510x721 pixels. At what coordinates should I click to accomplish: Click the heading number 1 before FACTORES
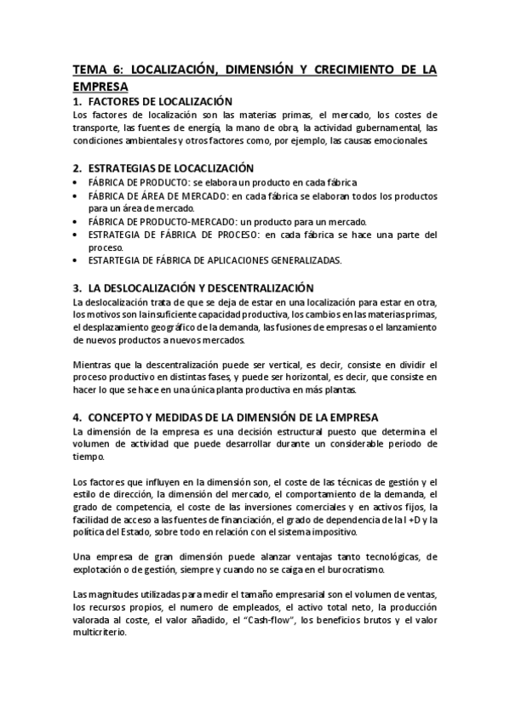coord(77,101)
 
